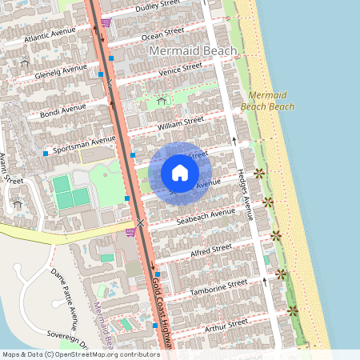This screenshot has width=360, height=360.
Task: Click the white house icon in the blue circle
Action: point(180,172)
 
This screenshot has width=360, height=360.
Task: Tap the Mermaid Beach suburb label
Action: point(194,51)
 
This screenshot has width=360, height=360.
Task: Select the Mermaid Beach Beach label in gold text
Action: point(267,100)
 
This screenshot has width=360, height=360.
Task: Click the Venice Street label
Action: point(181,70)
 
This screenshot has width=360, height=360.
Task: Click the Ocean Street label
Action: point(162,34)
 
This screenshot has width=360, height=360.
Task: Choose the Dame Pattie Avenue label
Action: point(64,288)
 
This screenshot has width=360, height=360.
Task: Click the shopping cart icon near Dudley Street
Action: point(106,22)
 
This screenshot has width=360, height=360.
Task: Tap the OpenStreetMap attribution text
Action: point(80,354)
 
